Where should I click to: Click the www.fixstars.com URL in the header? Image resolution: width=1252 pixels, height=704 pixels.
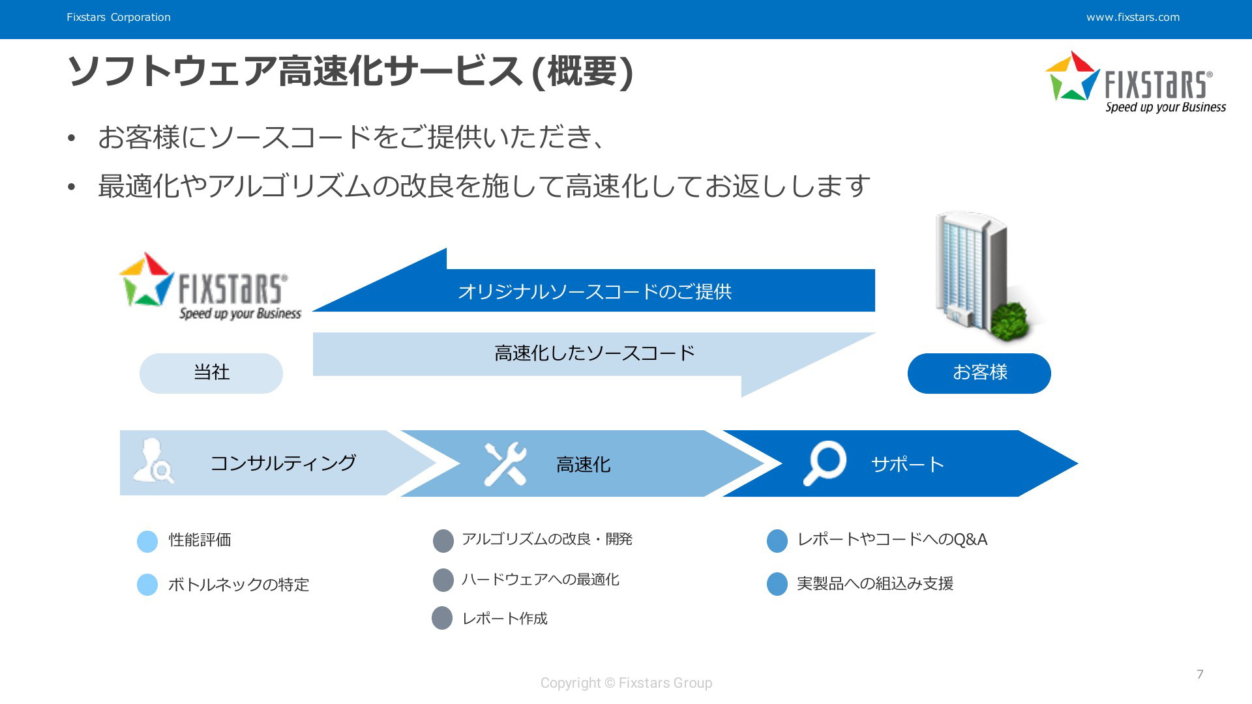point(1133,18)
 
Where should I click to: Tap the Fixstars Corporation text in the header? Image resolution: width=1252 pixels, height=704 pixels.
point(119,18)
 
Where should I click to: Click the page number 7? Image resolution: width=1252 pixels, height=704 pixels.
point(1200,674)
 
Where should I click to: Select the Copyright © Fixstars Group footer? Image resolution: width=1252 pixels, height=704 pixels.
point(626,683)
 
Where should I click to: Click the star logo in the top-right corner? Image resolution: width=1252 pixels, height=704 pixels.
point(1073,76)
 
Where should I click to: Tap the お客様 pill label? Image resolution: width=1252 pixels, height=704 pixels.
point(979,374)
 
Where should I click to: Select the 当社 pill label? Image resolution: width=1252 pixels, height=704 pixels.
point(211,374)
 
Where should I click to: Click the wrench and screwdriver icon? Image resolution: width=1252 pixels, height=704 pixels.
point(505,464)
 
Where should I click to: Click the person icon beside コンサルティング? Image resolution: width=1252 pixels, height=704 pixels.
point(153,461)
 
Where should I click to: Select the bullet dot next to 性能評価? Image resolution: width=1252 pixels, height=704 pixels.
point(147,541)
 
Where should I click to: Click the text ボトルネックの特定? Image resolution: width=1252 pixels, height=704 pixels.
point(239,585)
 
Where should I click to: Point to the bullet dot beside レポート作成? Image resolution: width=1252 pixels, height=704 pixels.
point(442,618)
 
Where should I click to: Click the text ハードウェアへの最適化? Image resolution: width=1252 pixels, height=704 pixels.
point(541,579)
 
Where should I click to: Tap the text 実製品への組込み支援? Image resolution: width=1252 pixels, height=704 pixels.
point(875,583)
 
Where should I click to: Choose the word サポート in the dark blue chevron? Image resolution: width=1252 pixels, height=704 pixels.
point(908,464)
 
